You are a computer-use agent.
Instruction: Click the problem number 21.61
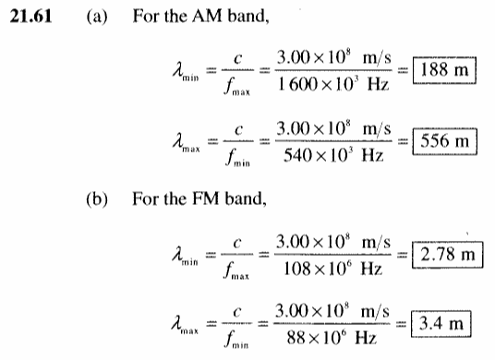30,16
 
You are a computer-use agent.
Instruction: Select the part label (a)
97,17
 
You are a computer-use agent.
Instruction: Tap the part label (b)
97,199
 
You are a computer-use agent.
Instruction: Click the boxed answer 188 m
444,70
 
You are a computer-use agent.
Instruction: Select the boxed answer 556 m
444,141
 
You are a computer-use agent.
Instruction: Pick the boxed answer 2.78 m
447,255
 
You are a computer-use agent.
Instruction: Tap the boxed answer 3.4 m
441,324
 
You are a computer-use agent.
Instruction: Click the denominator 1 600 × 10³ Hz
333,85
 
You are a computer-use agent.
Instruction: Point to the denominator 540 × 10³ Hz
333,155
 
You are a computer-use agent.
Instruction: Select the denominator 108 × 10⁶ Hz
332,270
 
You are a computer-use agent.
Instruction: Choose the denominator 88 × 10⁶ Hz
332,338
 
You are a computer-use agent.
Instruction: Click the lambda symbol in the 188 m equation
178,69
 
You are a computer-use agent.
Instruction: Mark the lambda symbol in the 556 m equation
178,140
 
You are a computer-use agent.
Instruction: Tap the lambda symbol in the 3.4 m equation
177,323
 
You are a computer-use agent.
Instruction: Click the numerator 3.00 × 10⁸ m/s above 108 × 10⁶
333,243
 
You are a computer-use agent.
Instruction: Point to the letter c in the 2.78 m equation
237,244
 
